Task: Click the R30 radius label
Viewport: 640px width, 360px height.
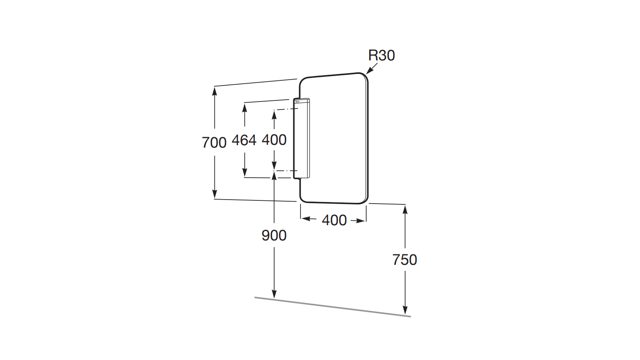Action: [x=381, y=56]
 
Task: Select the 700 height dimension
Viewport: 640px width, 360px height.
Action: [x=214, y=142]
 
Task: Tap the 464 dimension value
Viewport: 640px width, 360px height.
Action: [x=244, y=140]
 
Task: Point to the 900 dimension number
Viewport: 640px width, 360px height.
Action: [x=274, y=235]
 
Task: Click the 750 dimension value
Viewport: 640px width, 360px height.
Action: [x=405, y=260]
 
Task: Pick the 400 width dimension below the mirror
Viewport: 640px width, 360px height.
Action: [x=334, y=220]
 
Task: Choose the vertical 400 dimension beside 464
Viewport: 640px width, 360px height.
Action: [x=274, y=140]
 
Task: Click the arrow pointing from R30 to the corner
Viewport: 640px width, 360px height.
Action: [x=371, y=69]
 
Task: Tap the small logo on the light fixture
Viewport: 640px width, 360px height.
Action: [x=297, y=102]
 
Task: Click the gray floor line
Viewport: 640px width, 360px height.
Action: [x=332, y=307]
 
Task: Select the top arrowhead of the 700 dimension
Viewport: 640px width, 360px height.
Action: [x=215, y=90]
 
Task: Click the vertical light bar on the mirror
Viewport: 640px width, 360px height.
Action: [x=302, y=138]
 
